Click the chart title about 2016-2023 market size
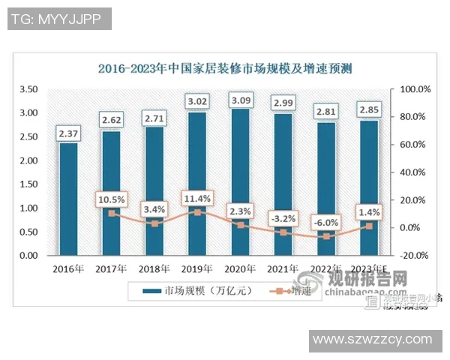225,69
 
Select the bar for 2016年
68,199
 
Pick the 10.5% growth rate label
111,199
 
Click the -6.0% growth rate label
326,222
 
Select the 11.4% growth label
197,199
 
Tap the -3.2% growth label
283,218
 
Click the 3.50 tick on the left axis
28,89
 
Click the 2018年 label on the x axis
154,268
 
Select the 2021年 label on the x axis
283,268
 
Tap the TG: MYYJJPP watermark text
59,19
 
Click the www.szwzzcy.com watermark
372,340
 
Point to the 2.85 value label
369,110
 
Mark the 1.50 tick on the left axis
28,184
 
